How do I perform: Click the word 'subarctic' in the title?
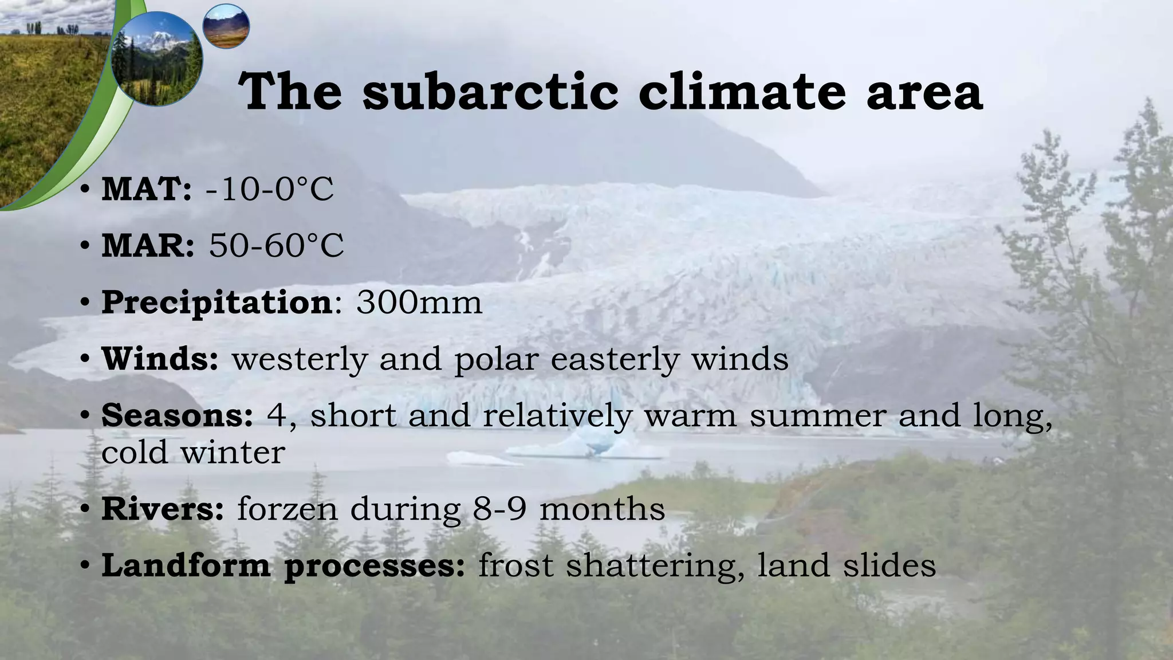click(x=490, y=92)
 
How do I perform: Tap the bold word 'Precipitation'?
click(x=217, y=302)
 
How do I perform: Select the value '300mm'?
click(x=419, y=302)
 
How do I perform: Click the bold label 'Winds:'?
click(x=160, y=359)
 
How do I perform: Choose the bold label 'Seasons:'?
click(x=177, y=415)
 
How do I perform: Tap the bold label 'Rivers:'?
click(x=163, y=508)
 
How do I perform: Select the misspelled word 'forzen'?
click(x=287, y=508)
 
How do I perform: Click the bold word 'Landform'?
click(x=186, y=565)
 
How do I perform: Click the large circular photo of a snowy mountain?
click(x=156, y=60)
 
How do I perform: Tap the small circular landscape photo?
click(x=226, y=26)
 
